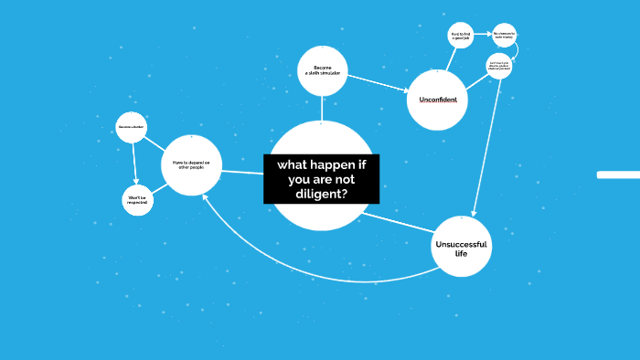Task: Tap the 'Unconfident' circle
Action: pyautogui.click(x=438, y=100)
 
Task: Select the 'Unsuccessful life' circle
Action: pyautogui.click(x=462, y=246)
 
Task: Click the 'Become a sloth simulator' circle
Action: pyautogui.click(x=322, y=70)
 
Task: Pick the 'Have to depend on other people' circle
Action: pyautogui.click(x=192, y=164)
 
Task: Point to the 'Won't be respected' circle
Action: pyautogui.click(x=137, y=200)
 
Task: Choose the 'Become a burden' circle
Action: pyautogui.click(x=132, y=126)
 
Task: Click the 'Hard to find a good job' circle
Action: pyautogui.click(x=461, y=37)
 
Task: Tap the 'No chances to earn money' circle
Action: pyautogui.click(x=505, y=36)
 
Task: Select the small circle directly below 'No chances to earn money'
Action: pyautogui.click(x=499, y=66)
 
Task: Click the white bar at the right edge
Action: pyautogui.click(x=618, y=175)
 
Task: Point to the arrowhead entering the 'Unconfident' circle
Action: pyautogui.click(x=404, y=90)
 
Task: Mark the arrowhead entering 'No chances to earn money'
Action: pyautogui.click(x=489, y=36)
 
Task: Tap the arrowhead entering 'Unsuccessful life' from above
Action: pyautogui.click(x=473, y=213)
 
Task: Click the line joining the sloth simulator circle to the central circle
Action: pyautogui.click(x=322, y=108)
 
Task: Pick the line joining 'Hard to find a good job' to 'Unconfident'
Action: pyautogui.click(x=450, y=58)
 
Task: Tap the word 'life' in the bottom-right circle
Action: pyautogui.click(x=461, y=253)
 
